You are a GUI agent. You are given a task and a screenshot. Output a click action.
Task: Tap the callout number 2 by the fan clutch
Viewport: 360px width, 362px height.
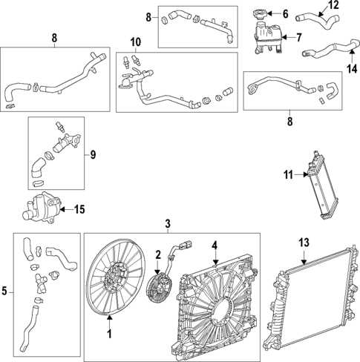pyautogui.click(x=158, y=255)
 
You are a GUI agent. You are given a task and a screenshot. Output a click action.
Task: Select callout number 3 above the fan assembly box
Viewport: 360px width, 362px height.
pyautogui.click(x=168, y=224)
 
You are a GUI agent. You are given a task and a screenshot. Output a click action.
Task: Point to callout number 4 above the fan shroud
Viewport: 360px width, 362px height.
pyautogui.click(x=215, y=245)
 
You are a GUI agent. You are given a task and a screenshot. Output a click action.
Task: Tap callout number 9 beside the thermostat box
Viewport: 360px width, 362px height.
pyautogui.click(x=93, y=155)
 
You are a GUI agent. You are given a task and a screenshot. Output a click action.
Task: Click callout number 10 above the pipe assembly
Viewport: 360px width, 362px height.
pyautogui.click(x=135, y=42)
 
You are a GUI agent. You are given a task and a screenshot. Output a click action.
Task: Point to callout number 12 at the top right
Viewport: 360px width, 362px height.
pyautogui.click(x=333, y=4)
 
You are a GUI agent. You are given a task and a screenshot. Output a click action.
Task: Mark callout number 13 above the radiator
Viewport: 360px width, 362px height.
pyautogui.click(x=304, y=243)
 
